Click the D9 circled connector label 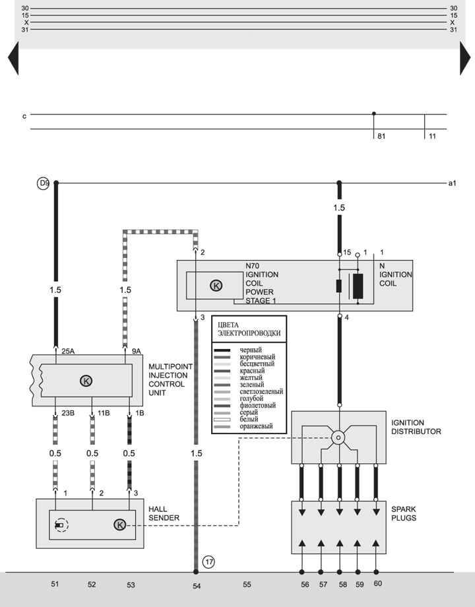pos(43,183)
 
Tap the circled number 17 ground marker pos(209,561)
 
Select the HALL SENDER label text pos(164,513)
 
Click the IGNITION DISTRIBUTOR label pos(416,427)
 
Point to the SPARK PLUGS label pos(403,513)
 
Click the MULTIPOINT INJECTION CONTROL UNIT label pos(170,379)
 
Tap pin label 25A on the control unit pos(68,351)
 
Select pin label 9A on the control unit pos(137,351)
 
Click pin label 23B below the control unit pos(68,413)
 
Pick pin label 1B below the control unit pos(140,413)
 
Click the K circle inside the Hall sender pos(119,525)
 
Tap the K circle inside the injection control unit pos(86,381)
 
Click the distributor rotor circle pos(338,438)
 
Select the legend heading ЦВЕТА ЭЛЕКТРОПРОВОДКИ pos(249,329)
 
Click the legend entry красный pos(252,371)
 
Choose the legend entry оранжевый pos(256,426)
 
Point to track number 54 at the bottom pos(197,586)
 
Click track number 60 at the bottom pos(378,583)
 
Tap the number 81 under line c pos(381,137)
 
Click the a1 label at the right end pos(452,183)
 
